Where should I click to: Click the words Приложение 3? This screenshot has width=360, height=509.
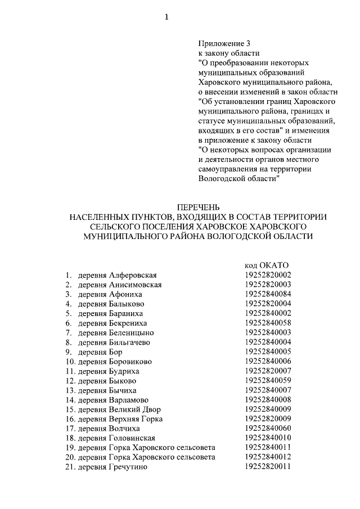pyautogui.click(x=223, y=43)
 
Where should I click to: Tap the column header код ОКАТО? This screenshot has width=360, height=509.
pyautogui.click(x=267, y=265)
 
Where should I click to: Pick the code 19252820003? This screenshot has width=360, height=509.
pyautogui.click(x=268, y=285)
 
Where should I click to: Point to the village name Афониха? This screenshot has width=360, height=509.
pyautogui.click(x=126, y=294)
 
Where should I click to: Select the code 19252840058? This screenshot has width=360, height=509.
pyautogui.click(x=268, y=323)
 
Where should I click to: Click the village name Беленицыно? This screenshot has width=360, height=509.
pyautogui.click(x=132, y=332)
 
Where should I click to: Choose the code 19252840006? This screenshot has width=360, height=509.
pyautogui.click(x=268, y=361)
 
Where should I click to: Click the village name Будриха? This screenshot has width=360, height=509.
pyautogui.click(x=124, y=371)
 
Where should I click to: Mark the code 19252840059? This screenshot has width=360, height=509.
pyautogui.click(x=268, y=381)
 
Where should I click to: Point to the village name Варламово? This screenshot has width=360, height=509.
pyautogui.click(x=129, y=400)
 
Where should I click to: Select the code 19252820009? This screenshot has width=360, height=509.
pyautogui.click(x=268, y=419)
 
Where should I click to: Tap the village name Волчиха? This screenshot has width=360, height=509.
pyautogui.click(x=125, y=429)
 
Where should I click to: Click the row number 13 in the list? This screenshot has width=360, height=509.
pyautogui.click(x=70, y=390)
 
